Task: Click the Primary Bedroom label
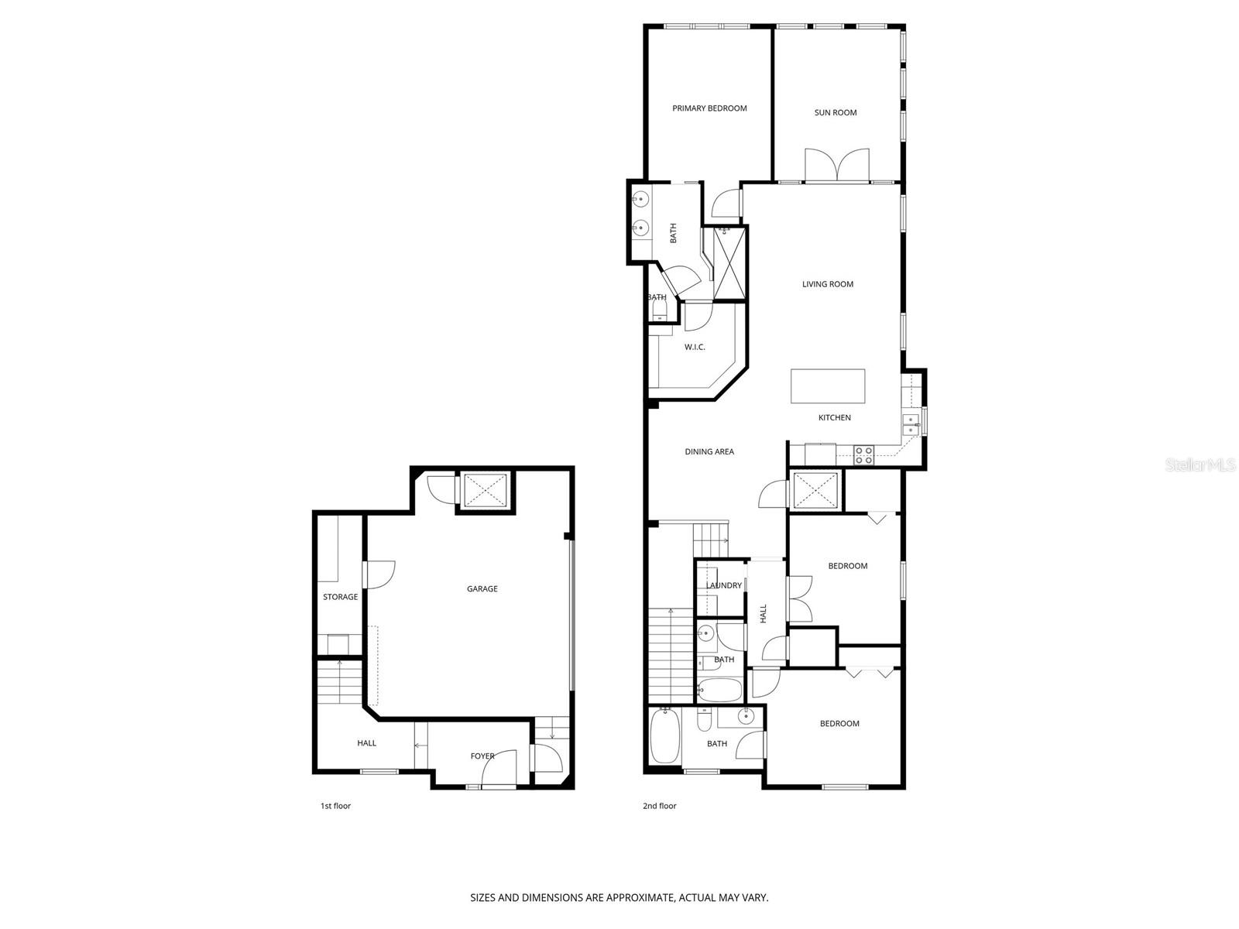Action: tap(709, 108)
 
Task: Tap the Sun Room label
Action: tap(836, 113)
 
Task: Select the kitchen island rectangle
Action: tap(828, 386)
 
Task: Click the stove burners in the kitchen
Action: tap(863, 455)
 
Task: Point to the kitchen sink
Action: tap(908, 425)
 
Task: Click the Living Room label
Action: tap(828, 284)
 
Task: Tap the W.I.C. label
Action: tap(695, 348)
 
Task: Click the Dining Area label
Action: tap(709, 452)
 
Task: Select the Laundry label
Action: tap(725, 586)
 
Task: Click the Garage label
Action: tap(482, 589)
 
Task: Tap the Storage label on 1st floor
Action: tap(340, 597)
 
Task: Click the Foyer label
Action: tap(482, 756)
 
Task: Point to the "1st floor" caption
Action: tap(335, 806)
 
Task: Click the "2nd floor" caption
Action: tap(659, 806)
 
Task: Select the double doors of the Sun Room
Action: tap(836, 166)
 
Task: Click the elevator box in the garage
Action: tap(485, 490)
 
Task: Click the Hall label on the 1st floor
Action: tap(366, 743)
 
